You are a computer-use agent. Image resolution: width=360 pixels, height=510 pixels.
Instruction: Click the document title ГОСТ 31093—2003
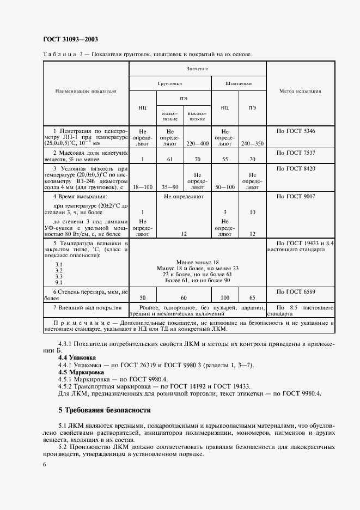click(70, 39)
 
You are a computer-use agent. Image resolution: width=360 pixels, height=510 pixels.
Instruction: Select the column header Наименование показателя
click(86, 91)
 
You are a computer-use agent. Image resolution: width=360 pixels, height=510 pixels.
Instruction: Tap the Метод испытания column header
click(300, 91)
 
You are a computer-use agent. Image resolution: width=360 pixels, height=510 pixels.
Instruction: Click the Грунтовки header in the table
click(170, 84)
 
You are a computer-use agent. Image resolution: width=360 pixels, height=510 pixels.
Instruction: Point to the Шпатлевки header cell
click(239, 84)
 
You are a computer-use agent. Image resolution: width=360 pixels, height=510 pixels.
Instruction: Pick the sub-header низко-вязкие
click(170, 116)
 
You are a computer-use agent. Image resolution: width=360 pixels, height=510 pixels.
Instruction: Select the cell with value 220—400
click(197, 144)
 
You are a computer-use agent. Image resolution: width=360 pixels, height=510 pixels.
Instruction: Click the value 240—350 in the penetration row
click(252, 144)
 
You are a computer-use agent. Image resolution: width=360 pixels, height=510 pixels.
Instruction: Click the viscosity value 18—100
click(142, 187)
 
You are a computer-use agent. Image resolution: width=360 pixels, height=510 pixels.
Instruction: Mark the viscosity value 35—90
click(170, 187)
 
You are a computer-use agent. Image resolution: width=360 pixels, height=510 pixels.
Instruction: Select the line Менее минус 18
click(197, 262)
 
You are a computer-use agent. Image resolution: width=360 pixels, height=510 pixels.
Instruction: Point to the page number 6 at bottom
click(44, 464)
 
